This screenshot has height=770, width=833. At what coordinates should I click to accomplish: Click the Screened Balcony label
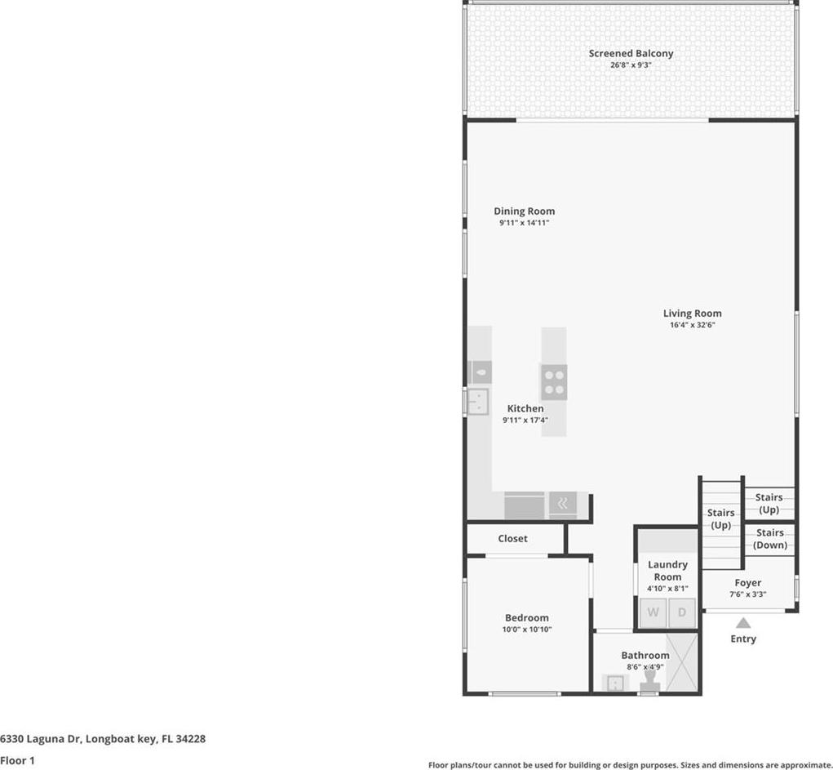(631, 53)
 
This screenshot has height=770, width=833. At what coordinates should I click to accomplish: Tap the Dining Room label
(525, 211)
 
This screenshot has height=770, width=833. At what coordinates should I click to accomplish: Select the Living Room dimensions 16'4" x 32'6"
(692, 325)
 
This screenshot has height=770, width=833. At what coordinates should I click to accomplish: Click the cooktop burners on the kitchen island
(554, 382)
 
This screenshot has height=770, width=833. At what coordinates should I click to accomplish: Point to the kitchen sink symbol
(477, 402)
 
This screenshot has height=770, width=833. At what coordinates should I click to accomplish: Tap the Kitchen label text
(525, 408)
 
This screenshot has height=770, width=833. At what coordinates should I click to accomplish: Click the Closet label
(512, 538)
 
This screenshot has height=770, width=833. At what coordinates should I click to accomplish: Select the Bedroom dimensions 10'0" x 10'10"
(527, 629)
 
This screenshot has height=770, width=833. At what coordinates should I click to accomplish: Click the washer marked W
(653, 612)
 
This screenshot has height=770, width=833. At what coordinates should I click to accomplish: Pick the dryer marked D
(681, 612)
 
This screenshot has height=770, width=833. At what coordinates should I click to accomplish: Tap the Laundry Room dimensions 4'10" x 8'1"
(667, 589)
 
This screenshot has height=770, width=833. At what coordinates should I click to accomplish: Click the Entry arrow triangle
(743, 623)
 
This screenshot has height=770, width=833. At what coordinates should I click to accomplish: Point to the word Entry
(743, 639)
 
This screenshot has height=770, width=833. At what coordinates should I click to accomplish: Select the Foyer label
(748, 583)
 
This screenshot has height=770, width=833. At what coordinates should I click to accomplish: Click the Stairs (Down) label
(770, 539)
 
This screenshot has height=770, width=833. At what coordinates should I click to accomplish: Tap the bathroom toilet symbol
(649, 683)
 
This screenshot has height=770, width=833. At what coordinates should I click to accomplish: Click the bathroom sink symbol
(614, 683)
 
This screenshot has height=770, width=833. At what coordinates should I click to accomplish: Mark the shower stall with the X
(681, 662)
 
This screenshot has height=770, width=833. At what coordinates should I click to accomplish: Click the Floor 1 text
(17, 760)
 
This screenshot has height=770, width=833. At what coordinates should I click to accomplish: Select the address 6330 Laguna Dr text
(40, 739)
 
